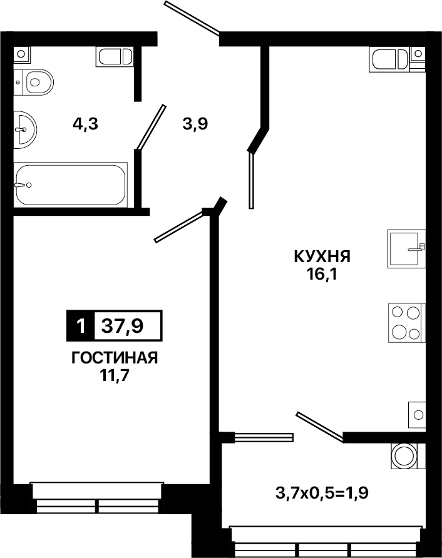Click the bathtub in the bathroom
71,185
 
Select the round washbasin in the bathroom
25,129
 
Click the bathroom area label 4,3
85,124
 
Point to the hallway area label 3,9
195,124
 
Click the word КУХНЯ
322,256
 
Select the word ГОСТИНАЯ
115,358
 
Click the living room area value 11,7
114,376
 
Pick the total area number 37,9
122,325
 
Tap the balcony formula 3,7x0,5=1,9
322,493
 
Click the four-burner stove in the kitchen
406,323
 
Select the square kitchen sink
406,248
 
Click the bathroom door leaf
152,127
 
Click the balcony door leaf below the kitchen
319,427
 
